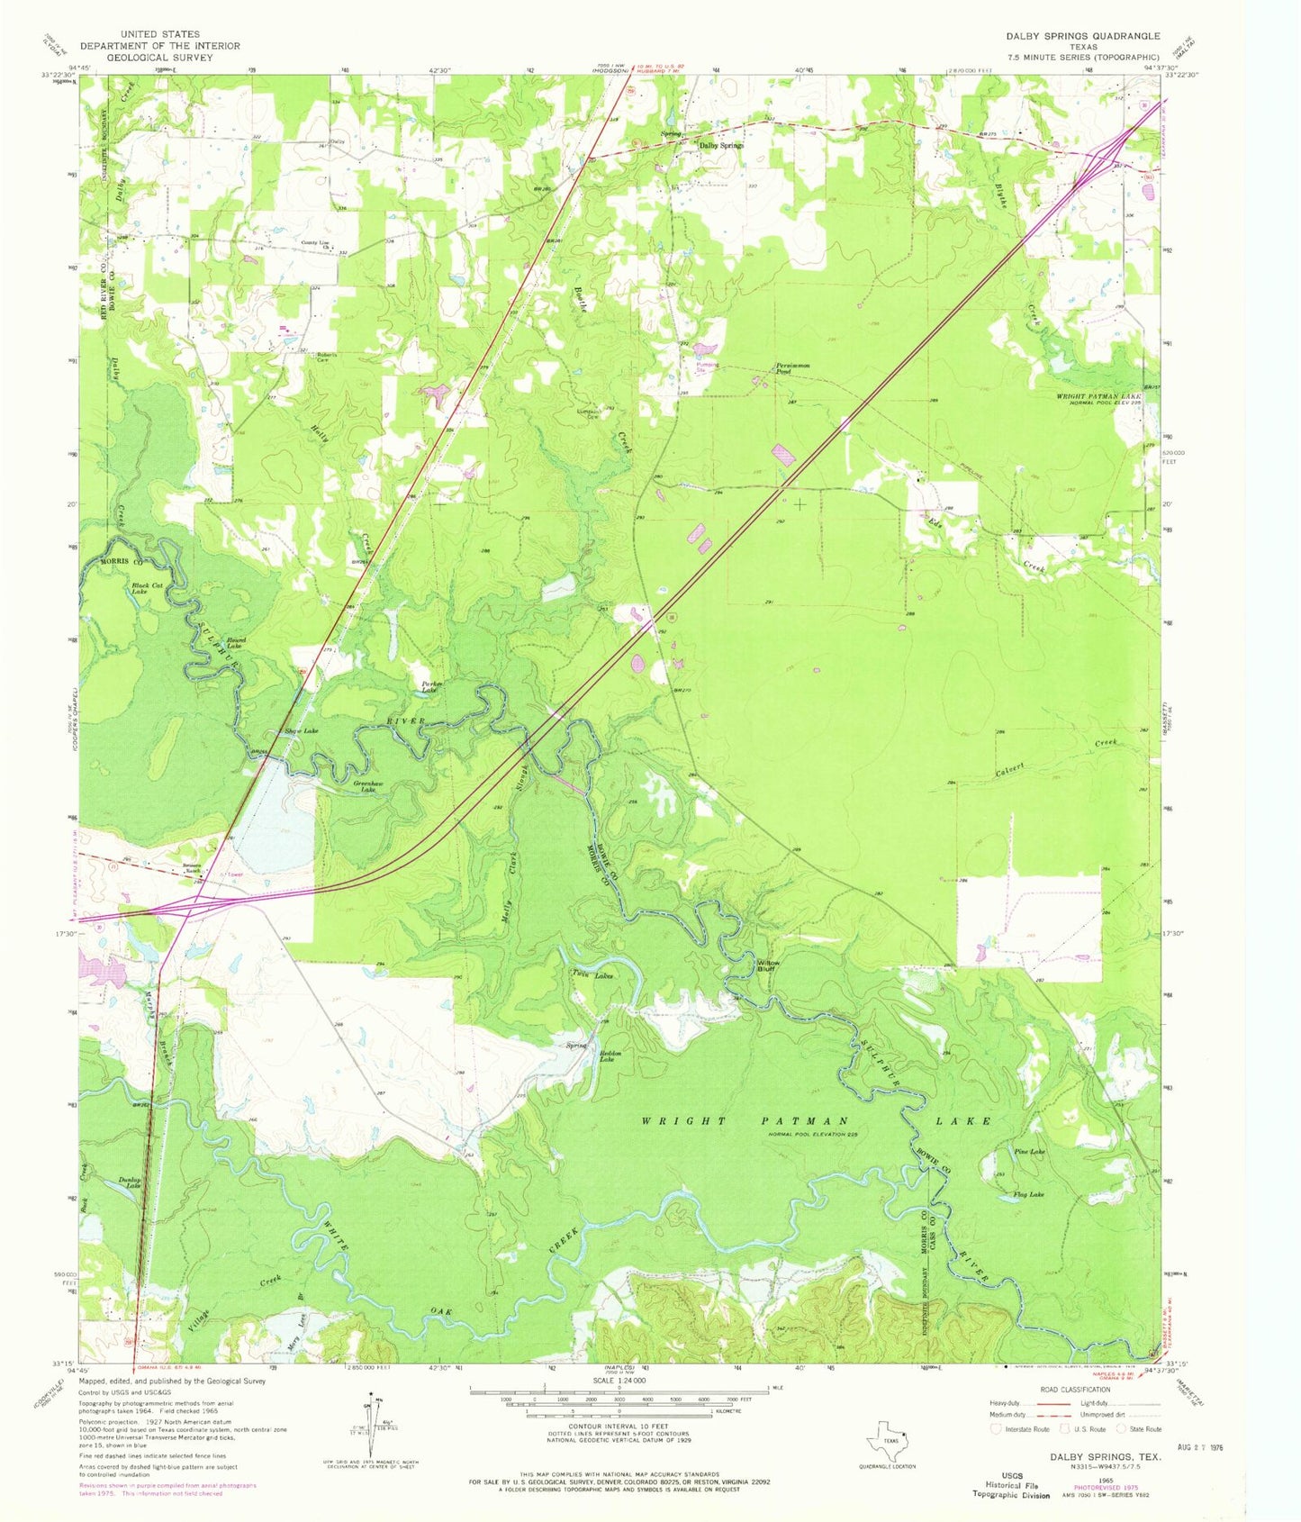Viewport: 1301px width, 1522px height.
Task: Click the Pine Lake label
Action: click(x=1029, y=1152)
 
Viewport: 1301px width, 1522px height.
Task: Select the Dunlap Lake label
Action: click(x=130, y=1185)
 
